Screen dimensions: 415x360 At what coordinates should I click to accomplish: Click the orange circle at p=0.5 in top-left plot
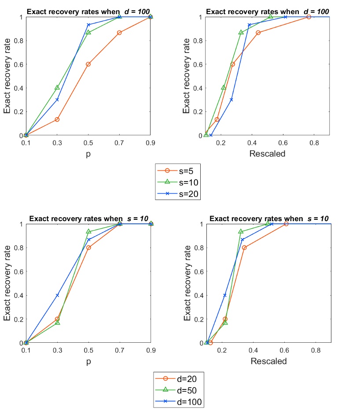tap(88, 64)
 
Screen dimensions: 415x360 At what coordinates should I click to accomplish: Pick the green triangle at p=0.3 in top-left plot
tap(57, 88)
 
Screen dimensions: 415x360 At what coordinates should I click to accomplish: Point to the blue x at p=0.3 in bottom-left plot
tap(57, 295)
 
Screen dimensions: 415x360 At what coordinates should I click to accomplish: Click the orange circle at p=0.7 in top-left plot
tap(119, 33)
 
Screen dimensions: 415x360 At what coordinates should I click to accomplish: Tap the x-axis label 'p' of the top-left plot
tap(88, 154)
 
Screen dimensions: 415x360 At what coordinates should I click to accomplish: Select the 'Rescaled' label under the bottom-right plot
tap(268, 361)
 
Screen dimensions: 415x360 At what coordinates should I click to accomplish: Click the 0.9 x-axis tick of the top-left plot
tap(150, 143)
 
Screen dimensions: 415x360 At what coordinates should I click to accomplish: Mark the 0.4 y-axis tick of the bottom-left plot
tap(18, 295)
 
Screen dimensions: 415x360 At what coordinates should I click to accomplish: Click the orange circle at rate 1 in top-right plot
tap(309, 17)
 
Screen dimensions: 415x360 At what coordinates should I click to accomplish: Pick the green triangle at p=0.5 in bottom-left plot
tap(88, 232)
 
